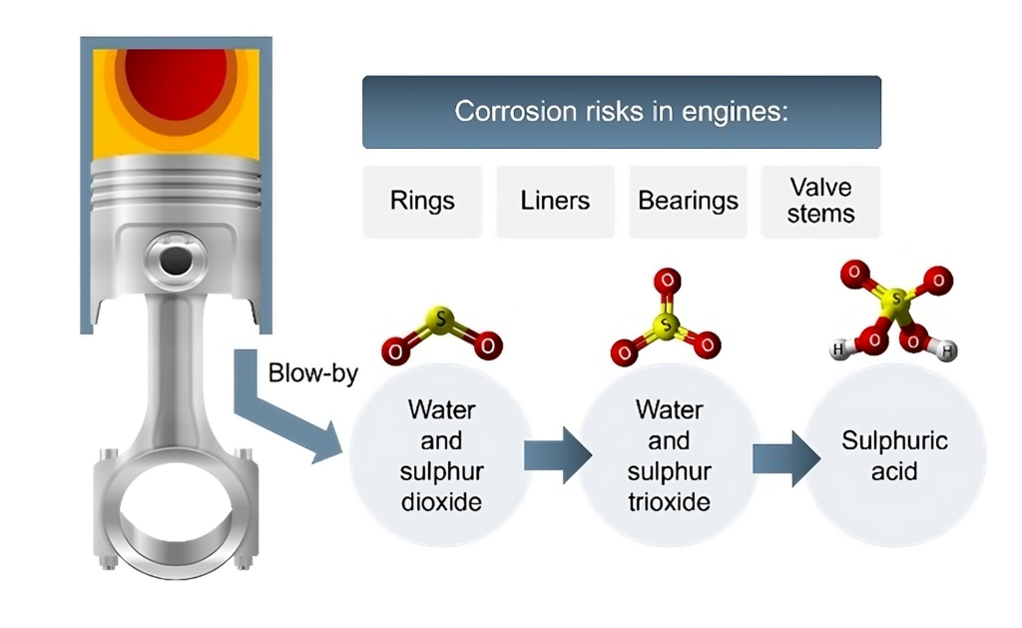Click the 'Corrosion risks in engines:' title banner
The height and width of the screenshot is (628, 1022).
(x=621, y=111)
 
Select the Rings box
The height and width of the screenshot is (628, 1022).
(x=422, y=201)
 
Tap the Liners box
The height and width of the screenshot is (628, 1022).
(x=555, y=201)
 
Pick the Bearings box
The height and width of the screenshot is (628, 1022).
(x=688, y=201)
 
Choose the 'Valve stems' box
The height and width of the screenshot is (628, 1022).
(x=820, y=201)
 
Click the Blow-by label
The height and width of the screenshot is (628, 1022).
(x=312, y=374)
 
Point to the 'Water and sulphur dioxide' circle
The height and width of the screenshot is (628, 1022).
(x=441, y=454)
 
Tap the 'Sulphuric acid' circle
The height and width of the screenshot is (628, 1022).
(x=894, y=454)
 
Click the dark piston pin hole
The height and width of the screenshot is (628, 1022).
(x=176, y=262)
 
